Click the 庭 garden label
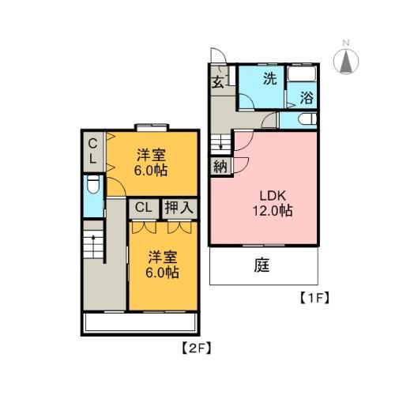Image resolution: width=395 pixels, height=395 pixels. (x=262, y=266)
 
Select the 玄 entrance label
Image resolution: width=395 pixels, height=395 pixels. (x=217, y=81)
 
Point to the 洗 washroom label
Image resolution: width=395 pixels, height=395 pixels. (x=269, y=79)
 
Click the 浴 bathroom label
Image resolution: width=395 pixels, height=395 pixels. (x=307, y=100)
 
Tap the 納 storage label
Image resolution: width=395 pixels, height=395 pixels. (x=218, y=167)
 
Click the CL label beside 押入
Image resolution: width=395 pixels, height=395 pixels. (x=143, y=208)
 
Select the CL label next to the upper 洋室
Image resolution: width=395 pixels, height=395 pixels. (x=92, y=151)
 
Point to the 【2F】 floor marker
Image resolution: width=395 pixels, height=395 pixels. (x=194, y=346)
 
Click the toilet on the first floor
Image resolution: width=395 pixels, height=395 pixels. (x=307, y=119)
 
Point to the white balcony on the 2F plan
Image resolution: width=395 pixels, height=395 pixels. (x=139, y=322)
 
